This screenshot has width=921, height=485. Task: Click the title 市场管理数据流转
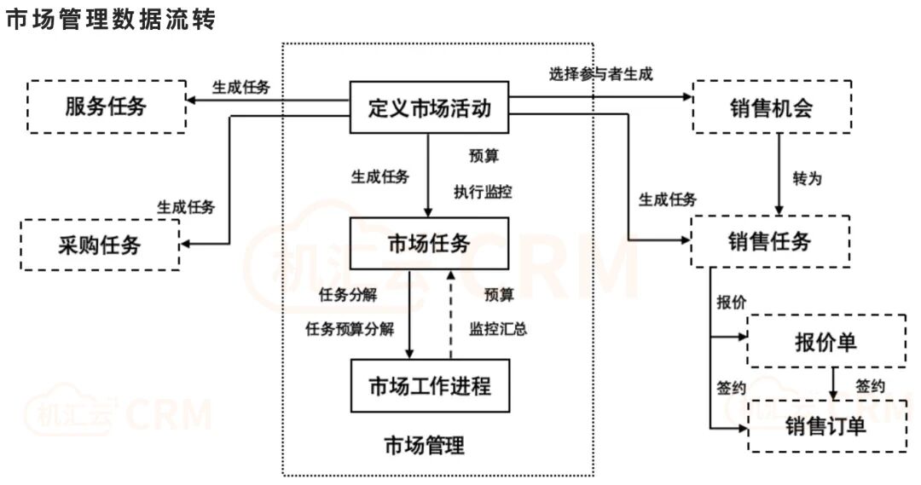point(110,21)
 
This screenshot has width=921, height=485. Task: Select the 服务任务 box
point(107,107)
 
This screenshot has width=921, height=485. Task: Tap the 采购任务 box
point(100,245)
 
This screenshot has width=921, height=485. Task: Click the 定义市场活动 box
point(430,107)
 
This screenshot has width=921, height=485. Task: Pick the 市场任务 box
point(430,243)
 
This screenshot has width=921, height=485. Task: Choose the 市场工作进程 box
point(430,386)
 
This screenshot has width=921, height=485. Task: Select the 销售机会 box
point(771,107)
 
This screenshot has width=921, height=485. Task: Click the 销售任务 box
point(770,241)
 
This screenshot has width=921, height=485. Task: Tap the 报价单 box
point(825,341)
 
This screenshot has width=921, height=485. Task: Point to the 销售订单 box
point(825,425)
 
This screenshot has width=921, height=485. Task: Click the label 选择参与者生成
point(601,73)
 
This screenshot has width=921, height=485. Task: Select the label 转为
point(807,179)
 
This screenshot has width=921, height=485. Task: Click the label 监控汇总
point(498,329)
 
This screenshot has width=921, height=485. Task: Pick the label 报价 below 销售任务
point(730,303)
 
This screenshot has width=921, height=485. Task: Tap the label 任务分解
point(346,295)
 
